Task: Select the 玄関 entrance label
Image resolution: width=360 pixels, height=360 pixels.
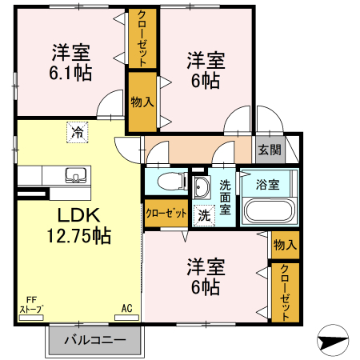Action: click(x=269, y=149)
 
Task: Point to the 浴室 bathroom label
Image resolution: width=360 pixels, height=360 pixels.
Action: click(x=267, y=185)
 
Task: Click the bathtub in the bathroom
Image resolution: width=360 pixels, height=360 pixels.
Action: click(x=268, y=213)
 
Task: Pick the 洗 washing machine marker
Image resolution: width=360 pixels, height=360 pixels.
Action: click(x=204, y=214)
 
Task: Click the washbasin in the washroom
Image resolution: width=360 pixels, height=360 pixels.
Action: click(x=201, y=188)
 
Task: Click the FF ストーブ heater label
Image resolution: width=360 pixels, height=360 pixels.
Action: click(x=31, y=304)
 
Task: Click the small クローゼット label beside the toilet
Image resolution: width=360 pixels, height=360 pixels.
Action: click(x=166, y=214)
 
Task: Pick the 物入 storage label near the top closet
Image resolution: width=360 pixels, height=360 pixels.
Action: click(x=142, y=102)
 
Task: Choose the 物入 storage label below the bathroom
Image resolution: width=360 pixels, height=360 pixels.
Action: click(x=284, y=244)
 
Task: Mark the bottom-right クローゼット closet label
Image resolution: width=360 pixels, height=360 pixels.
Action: click(x=284, y=292)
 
